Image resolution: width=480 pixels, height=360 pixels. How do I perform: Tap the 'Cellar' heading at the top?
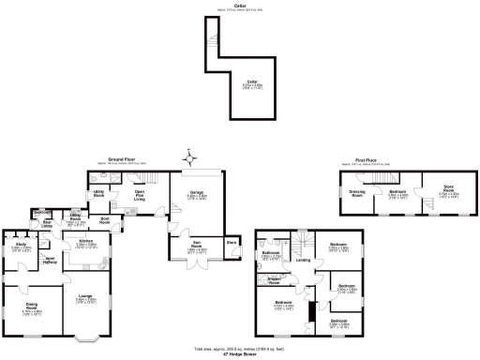239,7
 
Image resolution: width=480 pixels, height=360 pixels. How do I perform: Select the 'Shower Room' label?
275,279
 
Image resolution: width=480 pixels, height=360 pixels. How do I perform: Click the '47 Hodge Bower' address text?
239,355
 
